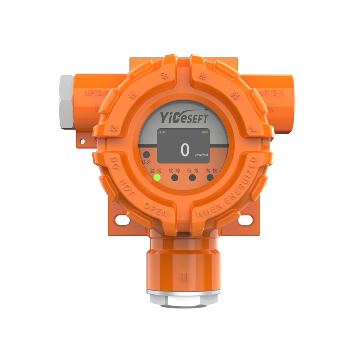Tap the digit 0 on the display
coord(184,149)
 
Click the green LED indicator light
coord(157,179)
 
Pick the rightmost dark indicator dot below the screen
coord(209,178)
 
